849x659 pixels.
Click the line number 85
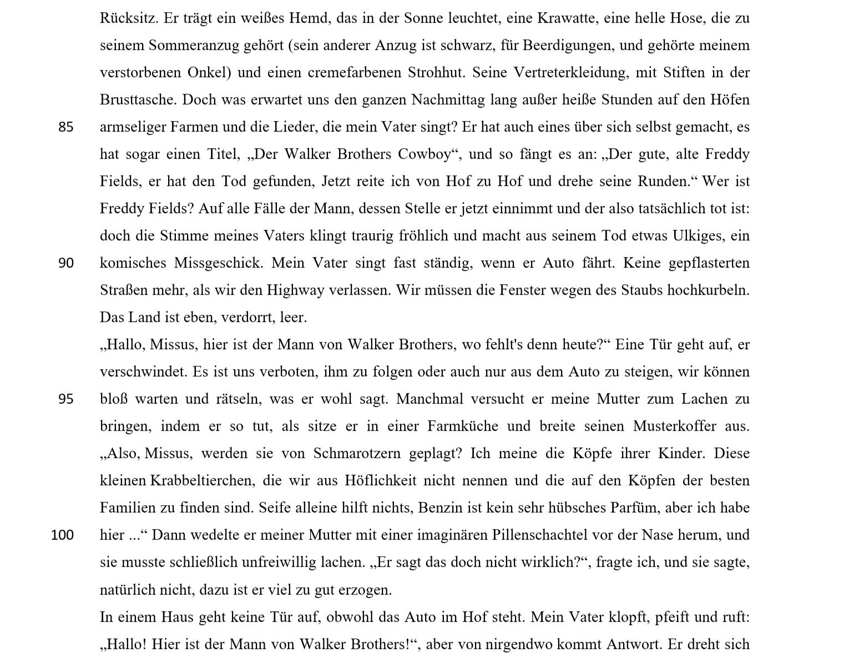coord(65,127)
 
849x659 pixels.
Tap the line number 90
coord(65,263)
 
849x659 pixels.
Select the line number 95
coord(65,399)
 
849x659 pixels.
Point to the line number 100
coord(62,535)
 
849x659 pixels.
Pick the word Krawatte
coord(563,18)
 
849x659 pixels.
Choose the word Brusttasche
coord(138,100)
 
